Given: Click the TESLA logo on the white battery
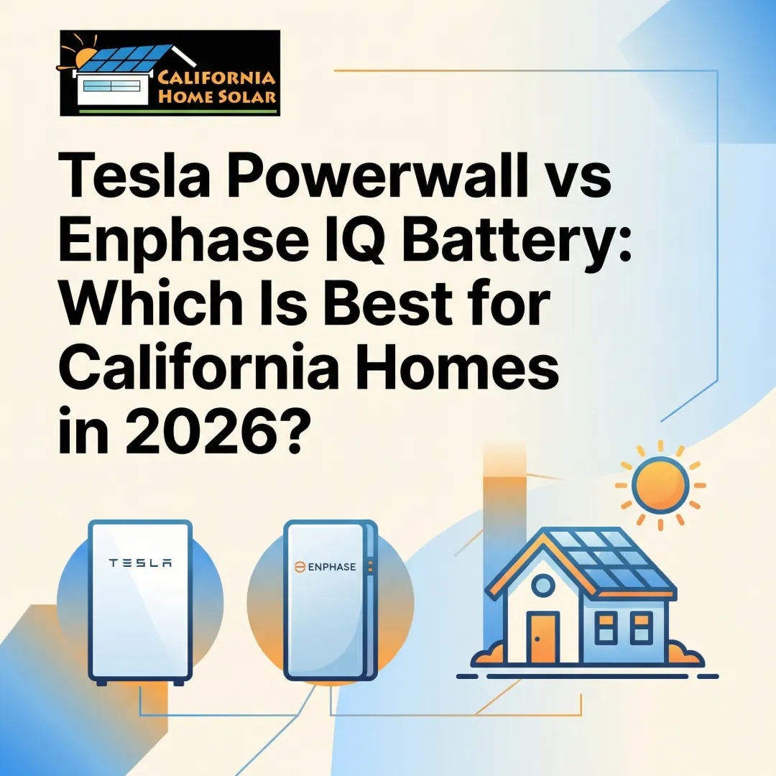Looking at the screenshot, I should point(140,563).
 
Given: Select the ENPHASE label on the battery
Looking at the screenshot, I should point(325,567).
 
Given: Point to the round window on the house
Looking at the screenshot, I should point(543,586).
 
